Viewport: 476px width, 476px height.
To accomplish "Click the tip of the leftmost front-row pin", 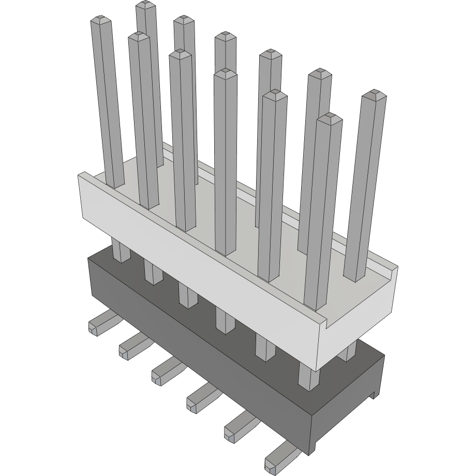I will [x=101, y=22].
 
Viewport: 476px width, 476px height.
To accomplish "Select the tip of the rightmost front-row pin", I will [x=330, y=119].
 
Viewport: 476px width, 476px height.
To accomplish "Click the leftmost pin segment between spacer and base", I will [x=121, y=250].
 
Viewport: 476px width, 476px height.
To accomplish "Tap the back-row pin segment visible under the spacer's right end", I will [x=350, y=352].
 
